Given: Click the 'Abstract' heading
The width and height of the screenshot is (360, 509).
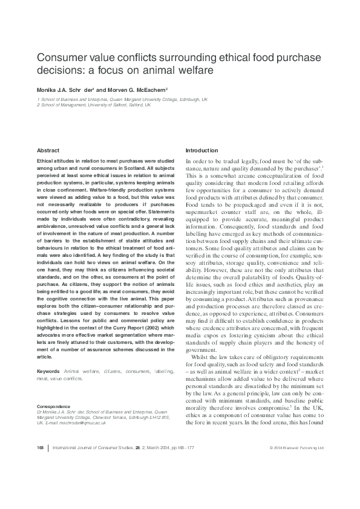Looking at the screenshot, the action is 48,150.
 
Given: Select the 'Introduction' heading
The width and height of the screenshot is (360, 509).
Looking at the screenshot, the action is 201,150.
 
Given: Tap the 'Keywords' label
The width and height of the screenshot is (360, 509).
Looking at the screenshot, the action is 48,371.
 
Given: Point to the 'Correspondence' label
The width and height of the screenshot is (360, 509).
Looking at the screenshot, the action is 53,406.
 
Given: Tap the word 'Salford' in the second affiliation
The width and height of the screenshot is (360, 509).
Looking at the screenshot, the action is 125,104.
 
